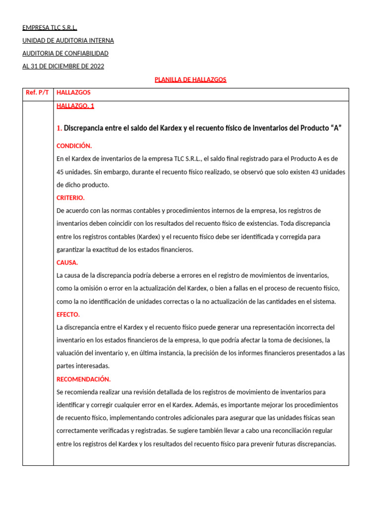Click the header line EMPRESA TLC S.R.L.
click(x=50, y=27)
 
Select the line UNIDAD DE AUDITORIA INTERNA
click(x=68, y=40)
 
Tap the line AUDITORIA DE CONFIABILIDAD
click(x=65, y=53)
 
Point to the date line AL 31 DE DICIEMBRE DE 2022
click(x=63, y=66)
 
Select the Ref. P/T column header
click(x=38, y=92)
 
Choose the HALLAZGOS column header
click(x=74, y=92)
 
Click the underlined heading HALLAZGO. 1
click(x=75, y=106)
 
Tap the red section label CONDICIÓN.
click(x=74, y=146)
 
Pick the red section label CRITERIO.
click(x=70, y=198)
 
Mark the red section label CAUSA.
click(x=67, y=262)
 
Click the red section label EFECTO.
click(x=68, y=315)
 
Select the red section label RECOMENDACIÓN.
click(x=83, y=379)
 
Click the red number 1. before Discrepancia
click(x=60, y=128)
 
